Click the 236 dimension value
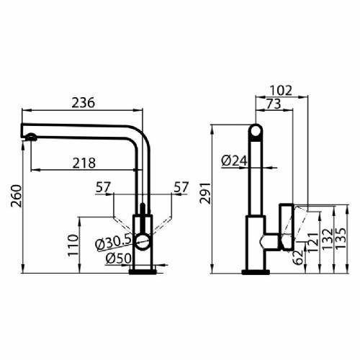tap(84, 103)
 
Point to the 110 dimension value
tap(71, 245)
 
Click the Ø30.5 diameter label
tap(112, 241)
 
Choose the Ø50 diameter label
tap(117, 258)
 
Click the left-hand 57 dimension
tap(104, 188)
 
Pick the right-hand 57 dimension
tap(181, 188)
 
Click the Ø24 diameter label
tap(235, 161)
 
